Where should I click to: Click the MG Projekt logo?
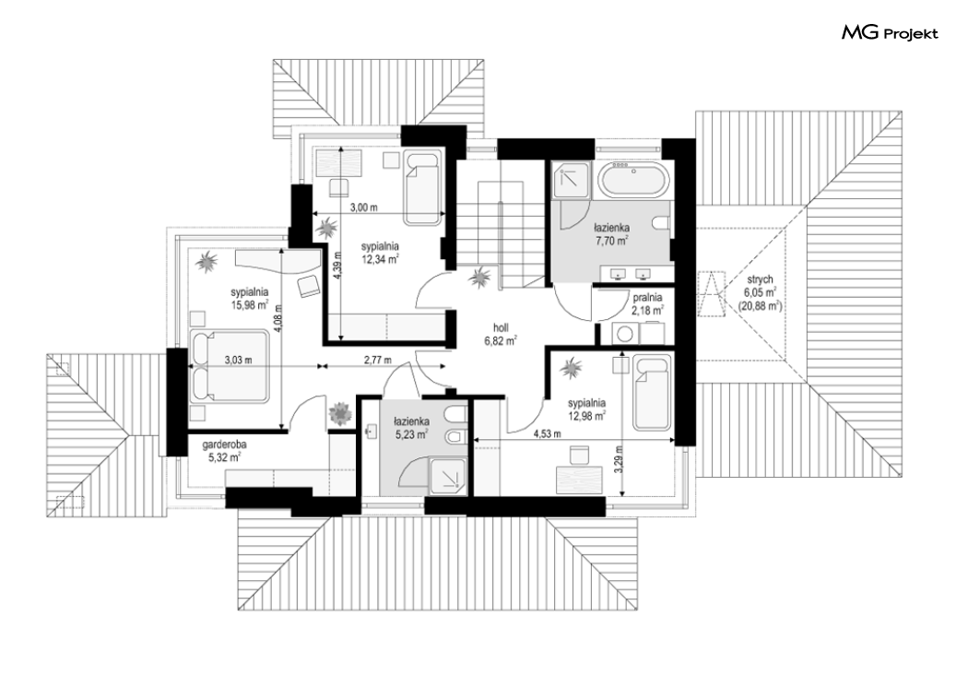click(890, 32)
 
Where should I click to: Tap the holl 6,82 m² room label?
click(501, 333)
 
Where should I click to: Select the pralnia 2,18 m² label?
click(647, 303)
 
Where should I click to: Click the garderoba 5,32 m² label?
click(224, 450)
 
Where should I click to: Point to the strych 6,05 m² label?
click(759, 292)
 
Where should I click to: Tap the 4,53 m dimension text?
click(548, 433)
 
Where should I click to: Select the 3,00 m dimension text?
click(363, 208)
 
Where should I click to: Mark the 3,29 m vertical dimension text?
click(618, 458)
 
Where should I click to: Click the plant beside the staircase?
click(479, 278)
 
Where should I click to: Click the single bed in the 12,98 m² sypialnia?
click(651, 392)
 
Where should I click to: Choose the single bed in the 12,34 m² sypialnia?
click(422, 187)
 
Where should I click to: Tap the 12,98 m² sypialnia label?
click(587, 409)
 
